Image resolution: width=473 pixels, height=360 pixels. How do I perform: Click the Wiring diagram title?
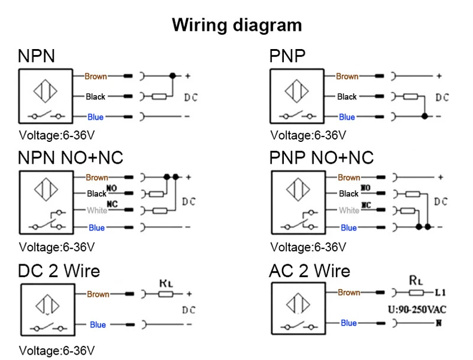[x=237, y=25]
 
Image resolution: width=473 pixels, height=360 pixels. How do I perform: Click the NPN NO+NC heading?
[x=70, y=157]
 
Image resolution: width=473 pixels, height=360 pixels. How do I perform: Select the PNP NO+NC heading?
[x=322, y=157]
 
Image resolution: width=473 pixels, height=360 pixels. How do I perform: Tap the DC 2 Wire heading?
[x=59, y=271]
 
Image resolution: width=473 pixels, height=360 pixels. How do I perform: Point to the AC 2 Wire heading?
[x=309, y=271]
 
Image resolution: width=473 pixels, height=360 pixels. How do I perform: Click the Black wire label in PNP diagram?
[x=347, y=97]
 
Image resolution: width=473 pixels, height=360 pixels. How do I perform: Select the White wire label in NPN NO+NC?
[x=97, y=210]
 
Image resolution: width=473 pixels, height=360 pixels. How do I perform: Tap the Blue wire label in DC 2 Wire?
[x=98, y=325]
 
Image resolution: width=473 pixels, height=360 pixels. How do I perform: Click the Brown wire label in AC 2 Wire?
[x=349, y=293]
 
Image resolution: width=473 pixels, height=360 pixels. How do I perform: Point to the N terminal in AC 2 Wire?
[x=439, y=323]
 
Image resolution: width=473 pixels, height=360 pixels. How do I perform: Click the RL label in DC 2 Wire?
[x=166, y=283]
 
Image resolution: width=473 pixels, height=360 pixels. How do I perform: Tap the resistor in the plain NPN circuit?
[x=159, y=97]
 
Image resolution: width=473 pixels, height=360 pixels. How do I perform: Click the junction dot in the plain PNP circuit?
[x=424, y=117]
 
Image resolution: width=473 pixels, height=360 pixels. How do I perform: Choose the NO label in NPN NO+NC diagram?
[x=112, y=189]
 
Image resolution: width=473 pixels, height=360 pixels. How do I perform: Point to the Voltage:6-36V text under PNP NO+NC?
[x=308, y=247]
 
